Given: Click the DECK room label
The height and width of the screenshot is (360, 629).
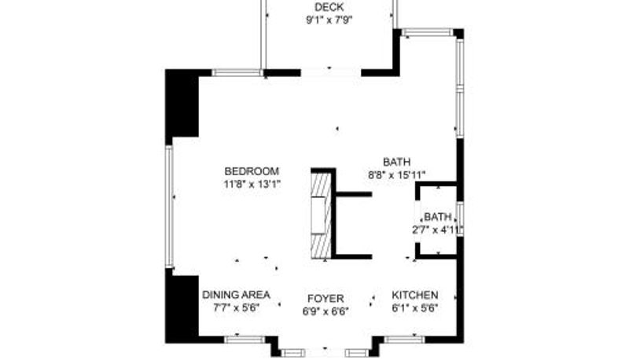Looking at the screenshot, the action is click(329, 7).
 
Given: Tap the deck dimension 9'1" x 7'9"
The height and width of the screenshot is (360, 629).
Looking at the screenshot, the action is click(329, 20).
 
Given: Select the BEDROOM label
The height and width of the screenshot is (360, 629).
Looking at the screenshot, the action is click(252, 171).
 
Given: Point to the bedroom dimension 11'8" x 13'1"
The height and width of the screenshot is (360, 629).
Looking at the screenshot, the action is click(252, 185).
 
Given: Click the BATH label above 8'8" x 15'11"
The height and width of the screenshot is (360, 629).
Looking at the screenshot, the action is click(397, 162).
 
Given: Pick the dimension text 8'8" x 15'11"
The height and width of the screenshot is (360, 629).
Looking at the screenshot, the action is click(397, 174).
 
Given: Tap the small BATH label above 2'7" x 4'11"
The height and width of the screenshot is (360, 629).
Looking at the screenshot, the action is click(438, 217).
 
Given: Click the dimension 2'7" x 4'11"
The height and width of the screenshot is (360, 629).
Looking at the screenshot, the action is click(438, 230).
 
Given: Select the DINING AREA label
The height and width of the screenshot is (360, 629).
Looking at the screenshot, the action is click(236, 295).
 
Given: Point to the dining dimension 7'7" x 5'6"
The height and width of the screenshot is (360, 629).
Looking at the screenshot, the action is click(237, 308).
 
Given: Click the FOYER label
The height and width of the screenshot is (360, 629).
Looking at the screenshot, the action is click(326, 299).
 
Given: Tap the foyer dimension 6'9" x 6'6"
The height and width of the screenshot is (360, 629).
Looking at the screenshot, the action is click(326, 311).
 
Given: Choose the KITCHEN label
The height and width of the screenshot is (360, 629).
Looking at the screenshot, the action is click(415, 295).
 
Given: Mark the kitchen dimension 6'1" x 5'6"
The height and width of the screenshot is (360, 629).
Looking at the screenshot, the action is click(415, 308).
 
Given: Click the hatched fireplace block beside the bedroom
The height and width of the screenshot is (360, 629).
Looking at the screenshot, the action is click(322, 215).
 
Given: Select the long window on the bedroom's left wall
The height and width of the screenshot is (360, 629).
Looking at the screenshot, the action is click(169, 206).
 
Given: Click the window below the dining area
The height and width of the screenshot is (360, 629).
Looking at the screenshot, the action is click(245, 340).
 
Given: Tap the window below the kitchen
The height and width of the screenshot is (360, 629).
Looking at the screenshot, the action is click(404, 340).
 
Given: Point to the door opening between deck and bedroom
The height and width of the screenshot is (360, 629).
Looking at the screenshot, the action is click(331, 72).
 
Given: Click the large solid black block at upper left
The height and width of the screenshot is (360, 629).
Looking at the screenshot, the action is click(182, 103).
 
